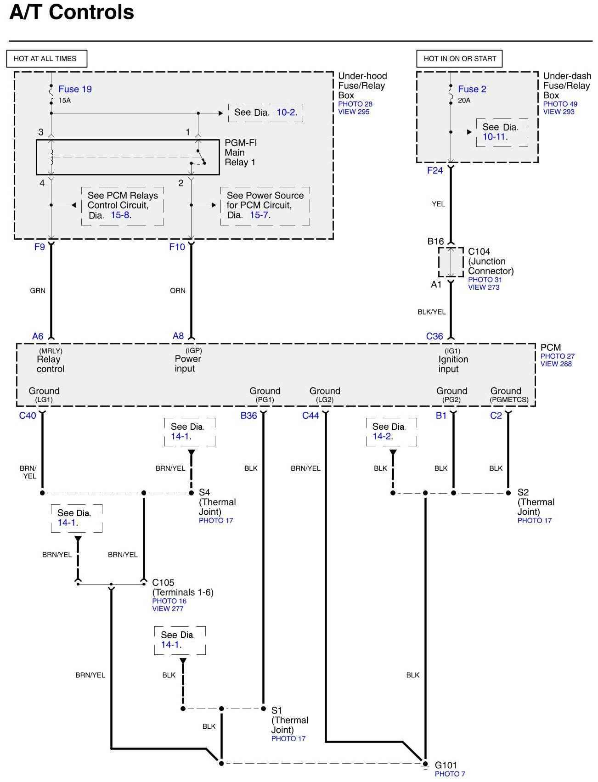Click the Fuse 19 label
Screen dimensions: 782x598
click(x=75, y=89)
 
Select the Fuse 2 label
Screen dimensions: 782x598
click(x=472, y=89)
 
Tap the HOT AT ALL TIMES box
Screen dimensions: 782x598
click(x=46, y=59)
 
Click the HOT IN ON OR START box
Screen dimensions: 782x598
click(x=459, y=59)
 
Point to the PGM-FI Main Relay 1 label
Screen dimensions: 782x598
click(x=240, y=152)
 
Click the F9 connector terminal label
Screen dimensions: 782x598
click(x=39, y=247)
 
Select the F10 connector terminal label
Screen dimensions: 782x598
click(x=177, y=247)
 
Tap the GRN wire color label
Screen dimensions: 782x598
click(x=38, y=291)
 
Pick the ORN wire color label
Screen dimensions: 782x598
click(x=178, y=291)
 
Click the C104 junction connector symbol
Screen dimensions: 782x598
click(x=451, y=262)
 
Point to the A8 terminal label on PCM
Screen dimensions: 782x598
click(x=178, y=336)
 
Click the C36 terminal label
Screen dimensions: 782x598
click(x=434, y=337)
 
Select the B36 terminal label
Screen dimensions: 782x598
click(x=249, y=416)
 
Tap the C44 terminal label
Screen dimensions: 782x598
click(x=310, y=416)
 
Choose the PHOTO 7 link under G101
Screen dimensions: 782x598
click(x=450, y=774)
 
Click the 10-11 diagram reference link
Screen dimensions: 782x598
click(x=494, y=137)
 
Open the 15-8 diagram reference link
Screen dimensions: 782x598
click(x=120, y=215)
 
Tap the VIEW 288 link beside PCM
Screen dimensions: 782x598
click(x=556, y=364)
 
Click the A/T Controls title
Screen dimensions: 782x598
click(x=72, y=12)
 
